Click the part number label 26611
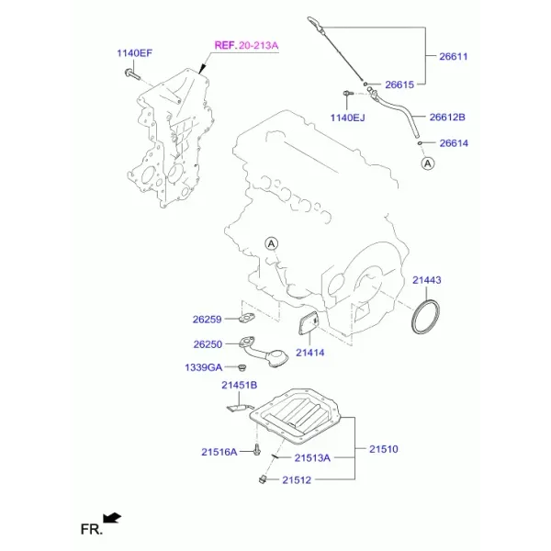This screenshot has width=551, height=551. pos(454,57)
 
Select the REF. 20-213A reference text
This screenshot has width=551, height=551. pos(246,45)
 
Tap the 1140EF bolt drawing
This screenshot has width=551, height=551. pos(132,74)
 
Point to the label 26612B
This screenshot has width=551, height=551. pos(447,117)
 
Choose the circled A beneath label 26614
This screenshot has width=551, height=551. pos(428,163)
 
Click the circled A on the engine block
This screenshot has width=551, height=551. pos(271,243)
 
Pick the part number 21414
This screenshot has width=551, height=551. pos(310,353)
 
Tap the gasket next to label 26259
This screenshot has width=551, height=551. pos(246,318)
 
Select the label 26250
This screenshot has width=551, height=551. pos(208,344)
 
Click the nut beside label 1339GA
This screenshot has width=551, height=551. pos(242,367)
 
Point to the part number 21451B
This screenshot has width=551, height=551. pos(240,385)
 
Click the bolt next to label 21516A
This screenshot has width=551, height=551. pos(257,450)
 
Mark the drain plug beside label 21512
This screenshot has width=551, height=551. pos(263,479)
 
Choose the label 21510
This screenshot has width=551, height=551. pos(383,449)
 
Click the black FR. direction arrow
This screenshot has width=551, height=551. pos(112,518)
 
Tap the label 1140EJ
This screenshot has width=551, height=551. pos(347,118)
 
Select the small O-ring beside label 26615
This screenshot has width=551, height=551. pos(365,84)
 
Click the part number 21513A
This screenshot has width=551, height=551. pos(312,458)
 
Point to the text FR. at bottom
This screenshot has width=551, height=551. pos(92,529)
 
